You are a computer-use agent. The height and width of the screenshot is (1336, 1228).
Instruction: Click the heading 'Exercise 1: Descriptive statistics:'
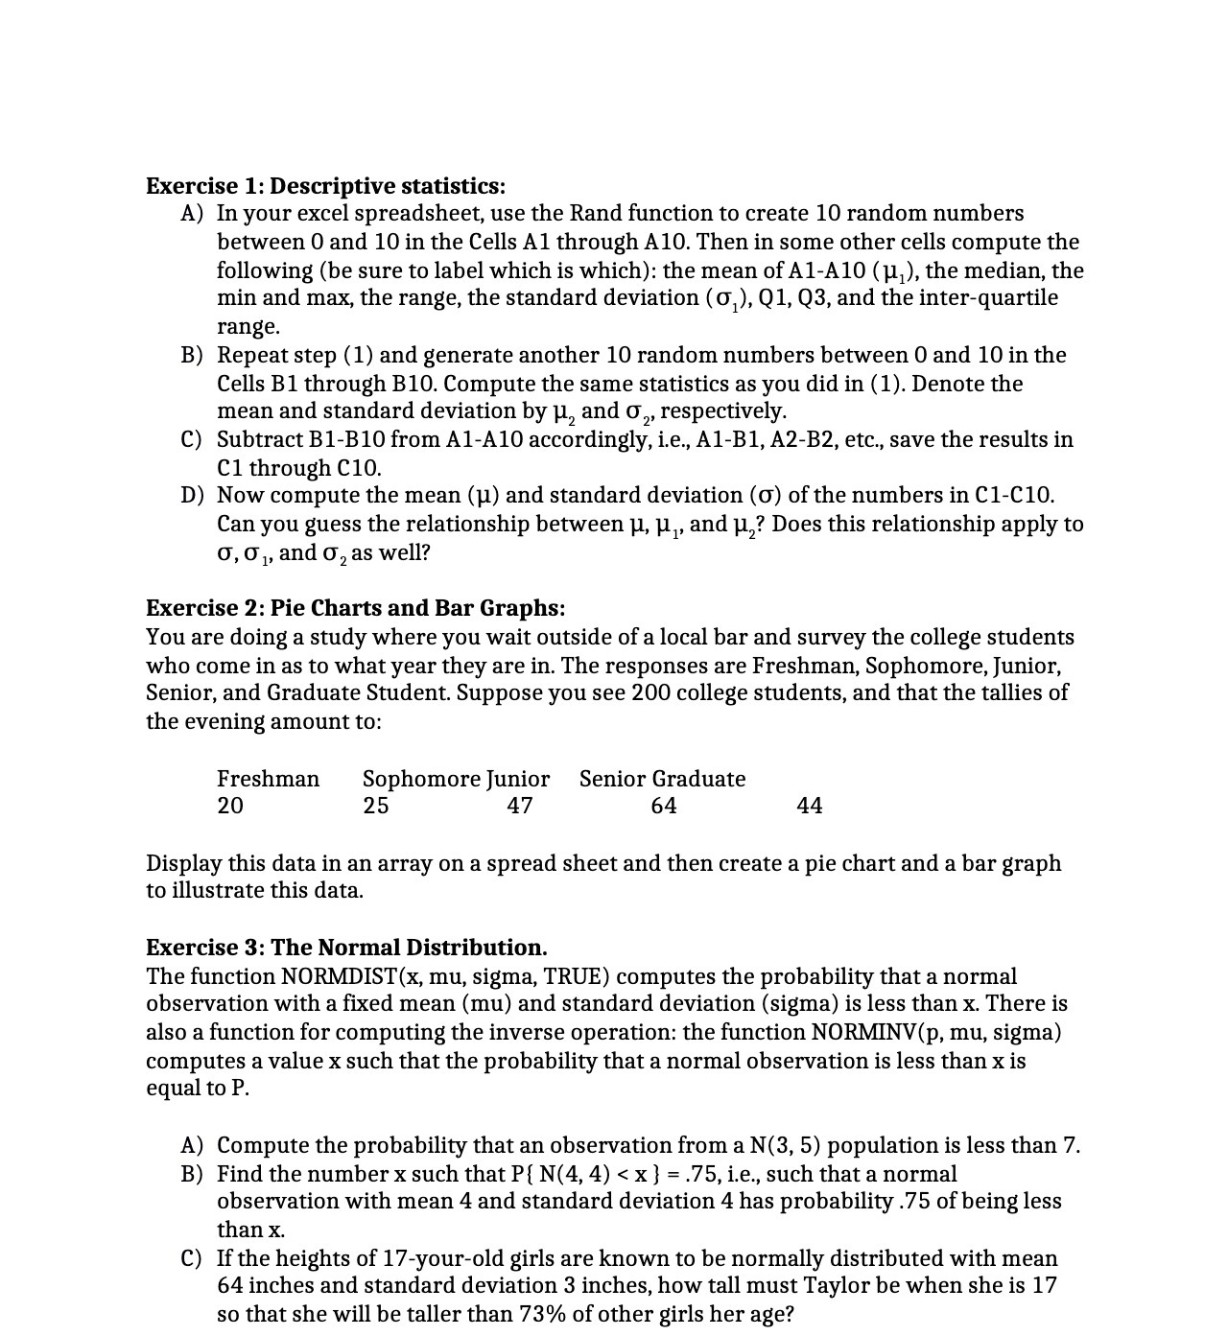tap(325, 185)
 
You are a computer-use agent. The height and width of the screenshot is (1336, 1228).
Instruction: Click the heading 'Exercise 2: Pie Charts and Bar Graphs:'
tap(355, 608)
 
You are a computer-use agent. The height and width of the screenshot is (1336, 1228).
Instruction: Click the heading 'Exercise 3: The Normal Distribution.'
tap(346, 948)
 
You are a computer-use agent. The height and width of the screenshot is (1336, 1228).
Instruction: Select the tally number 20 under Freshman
tap(230, 806)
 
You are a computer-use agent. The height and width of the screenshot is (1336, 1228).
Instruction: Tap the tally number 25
tap(376, 806)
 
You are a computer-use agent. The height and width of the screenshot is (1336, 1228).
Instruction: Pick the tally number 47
tap(520, 806)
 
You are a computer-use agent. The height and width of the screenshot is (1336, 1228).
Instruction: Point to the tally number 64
tap(664, 806)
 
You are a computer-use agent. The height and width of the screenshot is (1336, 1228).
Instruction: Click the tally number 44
tap(810, 806)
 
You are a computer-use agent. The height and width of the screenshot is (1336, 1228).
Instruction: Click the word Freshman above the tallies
tap(268, 779)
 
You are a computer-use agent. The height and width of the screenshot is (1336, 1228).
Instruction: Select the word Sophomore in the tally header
tap(421, 779)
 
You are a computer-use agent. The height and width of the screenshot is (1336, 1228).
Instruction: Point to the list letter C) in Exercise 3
tap(192, 1258)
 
